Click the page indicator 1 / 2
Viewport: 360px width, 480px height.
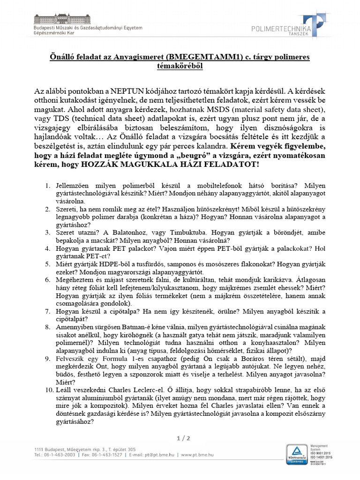183,438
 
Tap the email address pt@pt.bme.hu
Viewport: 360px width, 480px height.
158,455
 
